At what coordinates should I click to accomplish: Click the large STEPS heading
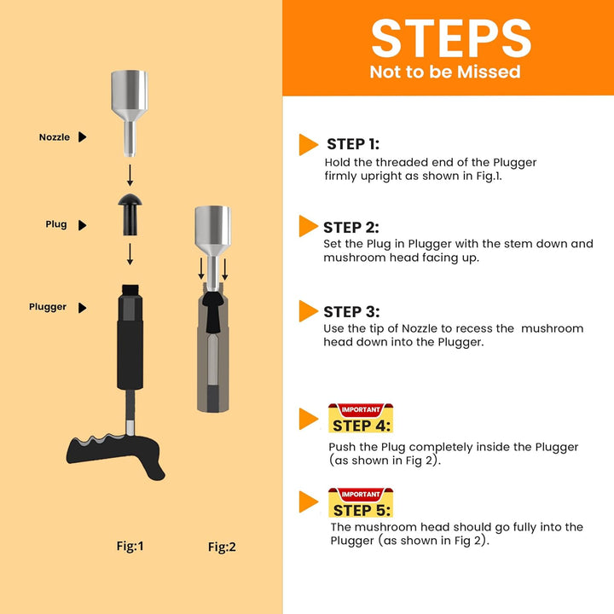click(x=451, y=38)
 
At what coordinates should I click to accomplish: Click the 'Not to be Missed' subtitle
click(x=445, y=72)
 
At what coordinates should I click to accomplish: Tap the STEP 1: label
click(x=353, y=144)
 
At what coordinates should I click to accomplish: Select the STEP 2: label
click(x=350, y=228)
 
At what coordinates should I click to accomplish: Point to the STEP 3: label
click(x=351, y=312)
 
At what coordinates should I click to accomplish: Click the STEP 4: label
click(x=361, y=426)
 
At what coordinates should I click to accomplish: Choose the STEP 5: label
click(x=362, y=510)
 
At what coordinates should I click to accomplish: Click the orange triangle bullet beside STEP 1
click(x=308, y=144)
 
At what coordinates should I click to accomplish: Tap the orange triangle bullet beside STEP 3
click(x=308, y=311)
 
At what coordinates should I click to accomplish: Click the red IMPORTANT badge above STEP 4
click(x=361, y=409)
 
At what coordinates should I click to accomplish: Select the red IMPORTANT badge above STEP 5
click(x=361, y=494)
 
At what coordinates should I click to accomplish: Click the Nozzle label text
click(x=55, y=137)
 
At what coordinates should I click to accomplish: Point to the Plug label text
click(x=56, y=224)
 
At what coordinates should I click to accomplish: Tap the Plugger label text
click(x=48, y=307)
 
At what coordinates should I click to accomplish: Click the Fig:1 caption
click(x=130, y=546)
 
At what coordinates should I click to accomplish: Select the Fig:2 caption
click(x=222, y=547)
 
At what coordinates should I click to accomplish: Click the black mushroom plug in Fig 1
click(x=130, y=214)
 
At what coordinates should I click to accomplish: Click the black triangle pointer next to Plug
click(x=82, y=225)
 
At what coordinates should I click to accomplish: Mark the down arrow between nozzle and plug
click(x=130, y=175)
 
